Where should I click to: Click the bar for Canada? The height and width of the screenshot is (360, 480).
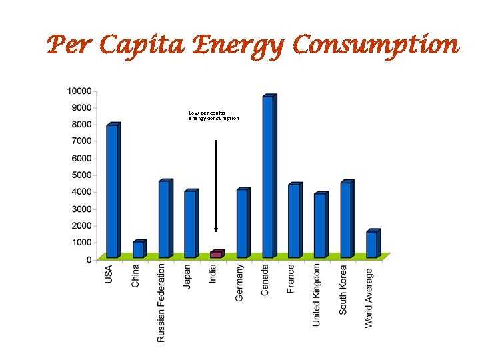268,177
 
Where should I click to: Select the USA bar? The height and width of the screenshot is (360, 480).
112,191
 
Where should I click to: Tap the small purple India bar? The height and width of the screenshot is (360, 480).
216,254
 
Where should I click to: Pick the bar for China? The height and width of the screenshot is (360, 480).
138,249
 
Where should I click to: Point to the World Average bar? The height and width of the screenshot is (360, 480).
372,244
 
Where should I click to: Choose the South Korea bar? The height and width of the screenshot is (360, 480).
345,220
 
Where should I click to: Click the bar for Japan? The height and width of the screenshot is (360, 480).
190,224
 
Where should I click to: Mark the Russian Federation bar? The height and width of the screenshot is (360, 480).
164,219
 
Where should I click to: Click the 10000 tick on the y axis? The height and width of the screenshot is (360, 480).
79,91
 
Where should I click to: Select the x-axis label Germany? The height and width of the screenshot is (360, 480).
240,283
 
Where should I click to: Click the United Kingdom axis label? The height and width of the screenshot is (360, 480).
318,294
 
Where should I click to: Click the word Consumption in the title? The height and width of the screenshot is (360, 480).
376,46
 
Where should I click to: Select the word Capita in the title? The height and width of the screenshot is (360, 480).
138,46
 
